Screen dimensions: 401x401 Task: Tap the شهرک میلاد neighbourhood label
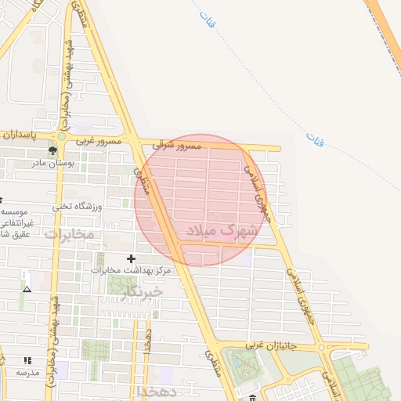222,230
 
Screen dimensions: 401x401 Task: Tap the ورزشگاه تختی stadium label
78,207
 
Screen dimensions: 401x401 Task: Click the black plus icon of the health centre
131,258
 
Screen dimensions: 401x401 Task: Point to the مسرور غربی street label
98,142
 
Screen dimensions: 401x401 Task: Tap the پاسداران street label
20,135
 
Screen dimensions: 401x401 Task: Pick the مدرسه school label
28,372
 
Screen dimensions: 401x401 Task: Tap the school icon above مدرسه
28,361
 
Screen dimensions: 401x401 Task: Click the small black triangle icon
27,289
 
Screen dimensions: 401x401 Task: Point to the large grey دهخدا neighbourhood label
157,390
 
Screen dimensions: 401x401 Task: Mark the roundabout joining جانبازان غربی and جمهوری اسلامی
322,347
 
